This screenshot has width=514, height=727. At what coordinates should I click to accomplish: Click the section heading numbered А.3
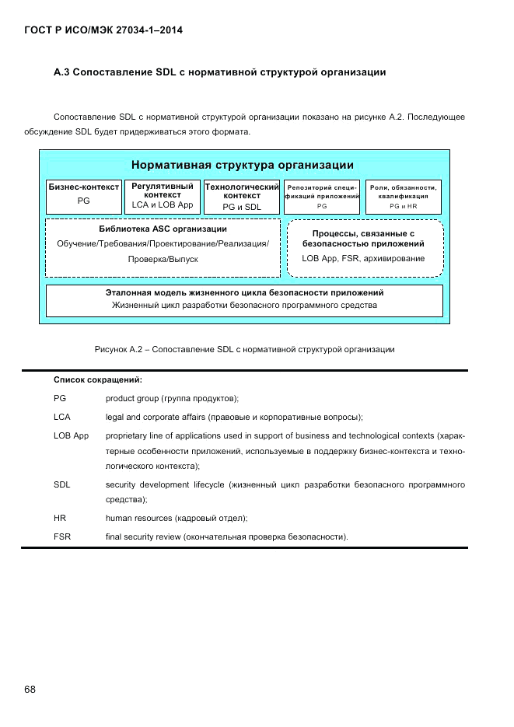click(220, 73)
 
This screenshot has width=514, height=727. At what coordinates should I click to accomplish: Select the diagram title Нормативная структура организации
click(243, 165)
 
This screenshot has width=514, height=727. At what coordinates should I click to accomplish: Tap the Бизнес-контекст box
click(84, 196)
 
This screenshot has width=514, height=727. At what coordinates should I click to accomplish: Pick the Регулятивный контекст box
click(163, 196)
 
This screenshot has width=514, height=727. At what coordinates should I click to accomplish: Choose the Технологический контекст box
click(242, 196)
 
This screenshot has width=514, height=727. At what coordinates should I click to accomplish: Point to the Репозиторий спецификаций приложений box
click(322, 197)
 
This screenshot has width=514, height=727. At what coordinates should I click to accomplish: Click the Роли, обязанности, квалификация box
click(404, 197)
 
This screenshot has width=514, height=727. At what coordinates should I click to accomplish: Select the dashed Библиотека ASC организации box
click(163, 247)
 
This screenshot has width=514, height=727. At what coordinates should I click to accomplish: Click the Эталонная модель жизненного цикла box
click(244, 299)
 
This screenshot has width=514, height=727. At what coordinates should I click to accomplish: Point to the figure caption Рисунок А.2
click(244, 350)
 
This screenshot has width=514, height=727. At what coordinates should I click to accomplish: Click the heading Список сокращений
click(97, 379)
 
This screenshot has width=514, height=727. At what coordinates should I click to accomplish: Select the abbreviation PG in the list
click(60, 398)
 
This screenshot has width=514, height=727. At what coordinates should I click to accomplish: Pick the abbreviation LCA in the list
click(62, 417)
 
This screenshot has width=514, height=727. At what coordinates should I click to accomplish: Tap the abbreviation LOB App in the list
click(71, 435)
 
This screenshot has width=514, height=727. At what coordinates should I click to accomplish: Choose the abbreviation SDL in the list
click(62, 485)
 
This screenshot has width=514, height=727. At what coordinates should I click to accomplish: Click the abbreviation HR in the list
click(59, 518)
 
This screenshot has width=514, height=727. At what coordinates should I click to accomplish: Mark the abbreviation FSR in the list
click(62, 537)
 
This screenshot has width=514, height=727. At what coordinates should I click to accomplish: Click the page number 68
click(30, 690)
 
